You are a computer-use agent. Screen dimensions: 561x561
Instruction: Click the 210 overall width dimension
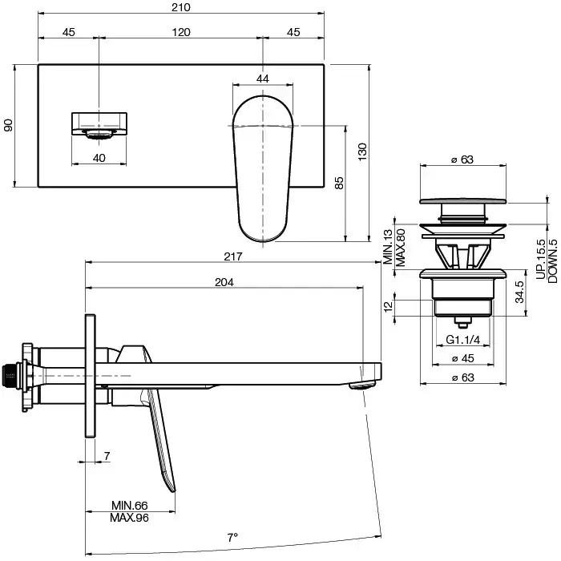coord(181,8)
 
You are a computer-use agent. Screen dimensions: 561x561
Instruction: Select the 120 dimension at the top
coord(181,33)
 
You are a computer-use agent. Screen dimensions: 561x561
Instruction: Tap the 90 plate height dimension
coord(9,126)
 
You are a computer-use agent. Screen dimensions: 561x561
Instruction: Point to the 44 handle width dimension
coord(263,78)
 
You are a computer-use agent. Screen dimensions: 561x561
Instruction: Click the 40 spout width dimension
coord(99,158)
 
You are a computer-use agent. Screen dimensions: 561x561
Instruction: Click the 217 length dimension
coord(234,256)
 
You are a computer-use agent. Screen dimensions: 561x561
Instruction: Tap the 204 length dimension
coord(224,282)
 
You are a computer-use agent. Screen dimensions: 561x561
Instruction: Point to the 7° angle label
coord(233,537)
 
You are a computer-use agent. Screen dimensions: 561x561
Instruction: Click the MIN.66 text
coord(130,506)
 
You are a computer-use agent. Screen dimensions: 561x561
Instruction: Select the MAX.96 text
coord(130,518)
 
